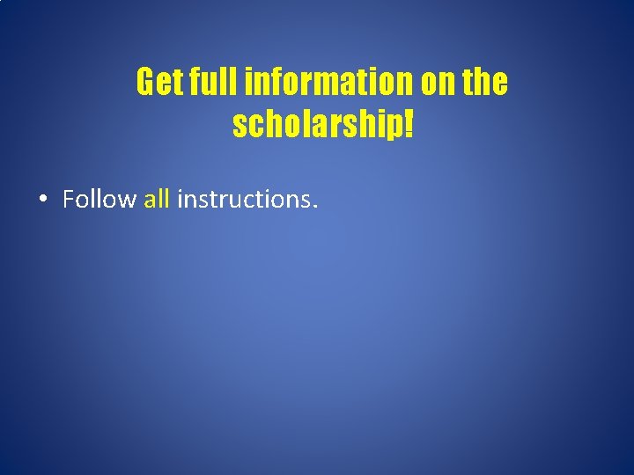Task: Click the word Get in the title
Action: (x=158, y=83)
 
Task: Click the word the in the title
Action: (x=486, y=83)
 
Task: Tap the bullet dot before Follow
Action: (x=43, y=200)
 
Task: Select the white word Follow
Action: (x=99, y=200)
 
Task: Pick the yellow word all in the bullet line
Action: (x=156, y=200)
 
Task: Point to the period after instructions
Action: (x=313, y=207)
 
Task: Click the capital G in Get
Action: (x=146, y=83)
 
